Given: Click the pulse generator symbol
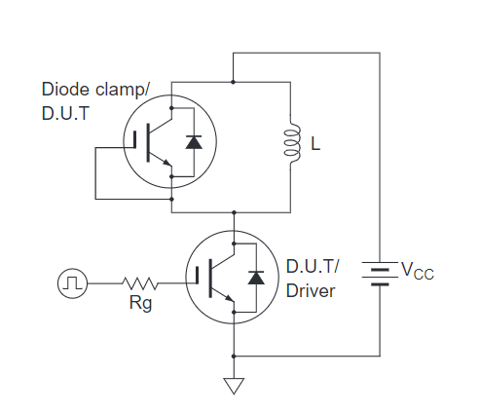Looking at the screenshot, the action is click(x=72, y=283).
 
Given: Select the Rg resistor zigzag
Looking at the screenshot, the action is click(x=140, y=283).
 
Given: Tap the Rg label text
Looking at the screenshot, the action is click(x=140, y=304).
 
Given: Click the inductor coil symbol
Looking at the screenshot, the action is click(x=291, y=142).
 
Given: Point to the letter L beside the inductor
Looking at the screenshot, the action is click(x=315, y=143).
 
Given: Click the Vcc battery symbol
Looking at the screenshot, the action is click(x=380, y=274).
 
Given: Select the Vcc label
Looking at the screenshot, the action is click(x=418, y=271).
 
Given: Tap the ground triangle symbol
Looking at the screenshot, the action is click(x=234, y=386).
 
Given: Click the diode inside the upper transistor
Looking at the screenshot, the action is click(x=194, y=142).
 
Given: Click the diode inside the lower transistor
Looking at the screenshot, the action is click(x=256, y=278).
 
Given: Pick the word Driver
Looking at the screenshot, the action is click(x=311, y=291).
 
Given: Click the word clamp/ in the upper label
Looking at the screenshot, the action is click(x=123, y=90).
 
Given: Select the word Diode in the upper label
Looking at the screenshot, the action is click(x=66, y=90).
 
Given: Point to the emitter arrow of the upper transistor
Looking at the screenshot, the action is click(x=166, y=163).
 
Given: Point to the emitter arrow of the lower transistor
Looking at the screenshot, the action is click(x=229, y=298).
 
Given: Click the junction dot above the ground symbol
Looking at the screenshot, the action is click(x=234, y=357).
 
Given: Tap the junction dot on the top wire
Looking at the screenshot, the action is click(x=233, y=82).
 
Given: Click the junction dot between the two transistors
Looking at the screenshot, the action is click(x=234, y=212).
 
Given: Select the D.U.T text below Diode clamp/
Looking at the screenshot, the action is click(x=65, y=114).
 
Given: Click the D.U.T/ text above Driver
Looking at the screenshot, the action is click(x=313, y=267).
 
